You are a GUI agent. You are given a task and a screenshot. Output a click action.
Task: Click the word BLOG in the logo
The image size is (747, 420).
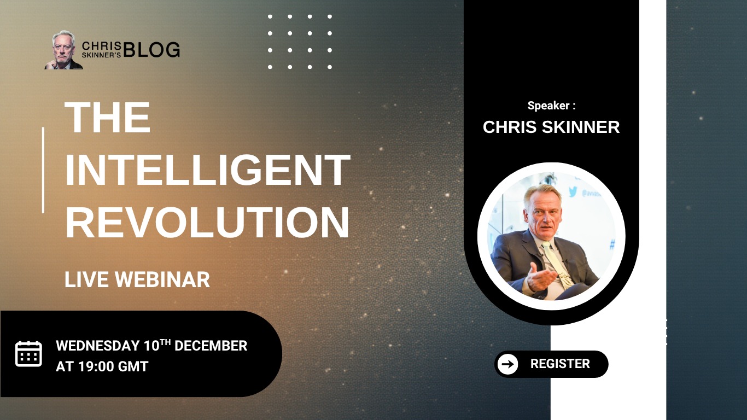click(x=151, y=50)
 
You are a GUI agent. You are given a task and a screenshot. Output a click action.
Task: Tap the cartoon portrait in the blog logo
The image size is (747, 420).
click(x=63, y=50)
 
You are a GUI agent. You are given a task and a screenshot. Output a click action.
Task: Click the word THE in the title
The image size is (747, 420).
click(x=107, y=117)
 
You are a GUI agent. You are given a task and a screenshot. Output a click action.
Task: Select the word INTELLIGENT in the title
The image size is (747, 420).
click(x=207, y=170)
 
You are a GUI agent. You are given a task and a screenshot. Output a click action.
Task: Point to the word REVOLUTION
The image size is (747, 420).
click(x=207, y=223)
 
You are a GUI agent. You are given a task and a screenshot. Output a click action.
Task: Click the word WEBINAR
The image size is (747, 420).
click(x=162, y=279)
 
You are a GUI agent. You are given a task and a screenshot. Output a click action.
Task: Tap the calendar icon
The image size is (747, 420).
click(x=28, y=354)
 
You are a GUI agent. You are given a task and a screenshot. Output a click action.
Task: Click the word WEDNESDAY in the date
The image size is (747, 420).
click(x=98, y=346)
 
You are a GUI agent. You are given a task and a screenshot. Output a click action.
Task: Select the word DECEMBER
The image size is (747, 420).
click(x=211, y=346)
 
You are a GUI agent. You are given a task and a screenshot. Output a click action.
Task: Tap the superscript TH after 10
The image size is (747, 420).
click(x=165, y=342)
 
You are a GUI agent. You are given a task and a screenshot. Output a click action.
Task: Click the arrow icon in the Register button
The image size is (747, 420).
click(x=507, y=364)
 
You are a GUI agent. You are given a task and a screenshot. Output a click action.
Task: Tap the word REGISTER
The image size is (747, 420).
click(x=560, y=364)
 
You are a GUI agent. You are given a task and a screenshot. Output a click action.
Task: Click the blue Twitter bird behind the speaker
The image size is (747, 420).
click(x=573, y=191)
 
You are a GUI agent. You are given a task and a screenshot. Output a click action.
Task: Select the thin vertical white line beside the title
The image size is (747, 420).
click(x=43, y=170)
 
